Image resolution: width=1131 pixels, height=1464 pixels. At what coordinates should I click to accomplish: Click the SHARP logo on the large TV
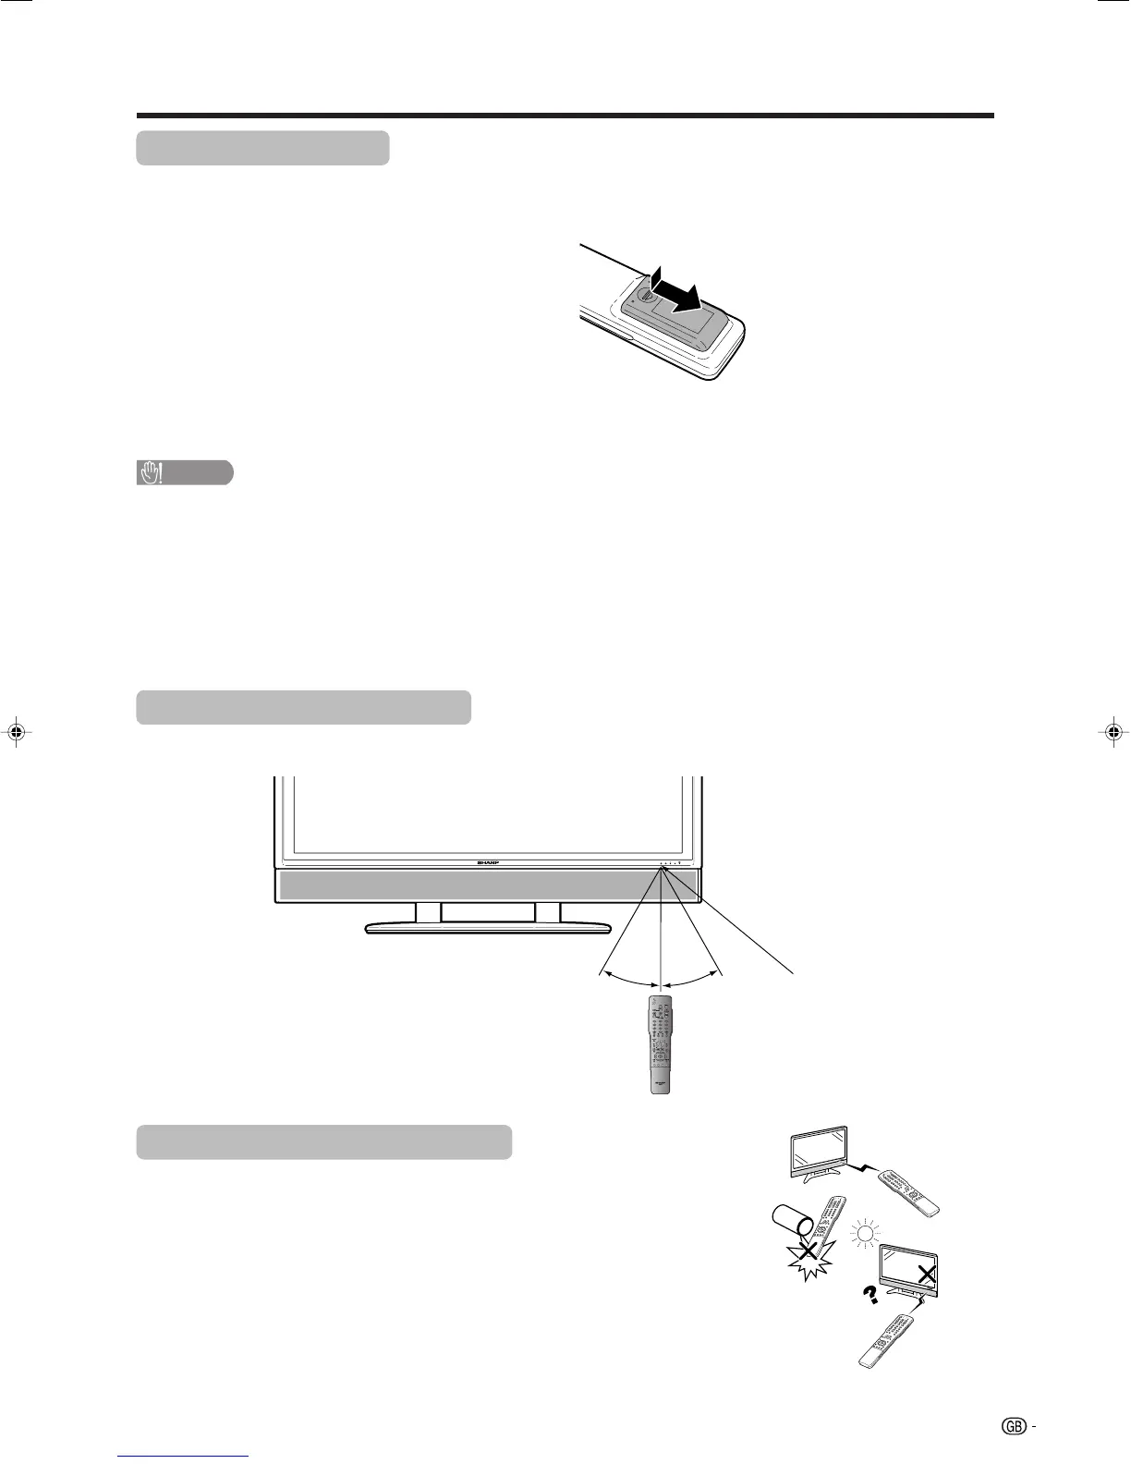click(487, 861)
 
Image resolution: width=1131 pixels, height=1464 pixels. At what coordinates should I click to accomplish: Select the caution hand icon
click(151, 473)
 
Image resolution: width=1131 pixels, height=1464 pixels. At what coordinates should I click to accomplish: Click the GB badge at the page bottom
click(1013, 1426)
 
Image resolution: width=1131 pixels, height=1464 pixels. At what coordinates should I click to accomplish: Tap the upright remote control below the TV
click(660, 1044)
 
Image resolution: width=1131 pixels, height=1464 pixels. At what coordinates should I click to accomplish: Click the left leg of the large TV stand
click(428, 912)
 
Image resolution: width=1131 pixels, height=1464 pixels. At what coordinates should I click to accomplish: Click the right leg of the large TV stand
click(548, 912)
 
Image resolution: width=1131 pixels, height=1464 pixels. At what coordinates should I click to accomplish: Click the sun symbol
click(865, 1233)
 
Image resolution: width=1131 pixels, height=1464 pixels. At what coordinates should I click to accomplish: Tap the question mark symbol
click(869, 1296)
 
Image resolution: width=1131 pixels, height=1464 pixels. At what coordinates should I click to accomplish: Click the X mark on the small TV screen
click(927, 1275)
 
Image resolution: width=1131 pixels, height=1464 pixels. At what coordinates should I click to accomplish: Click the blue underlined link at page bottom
click(184, 1456)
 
